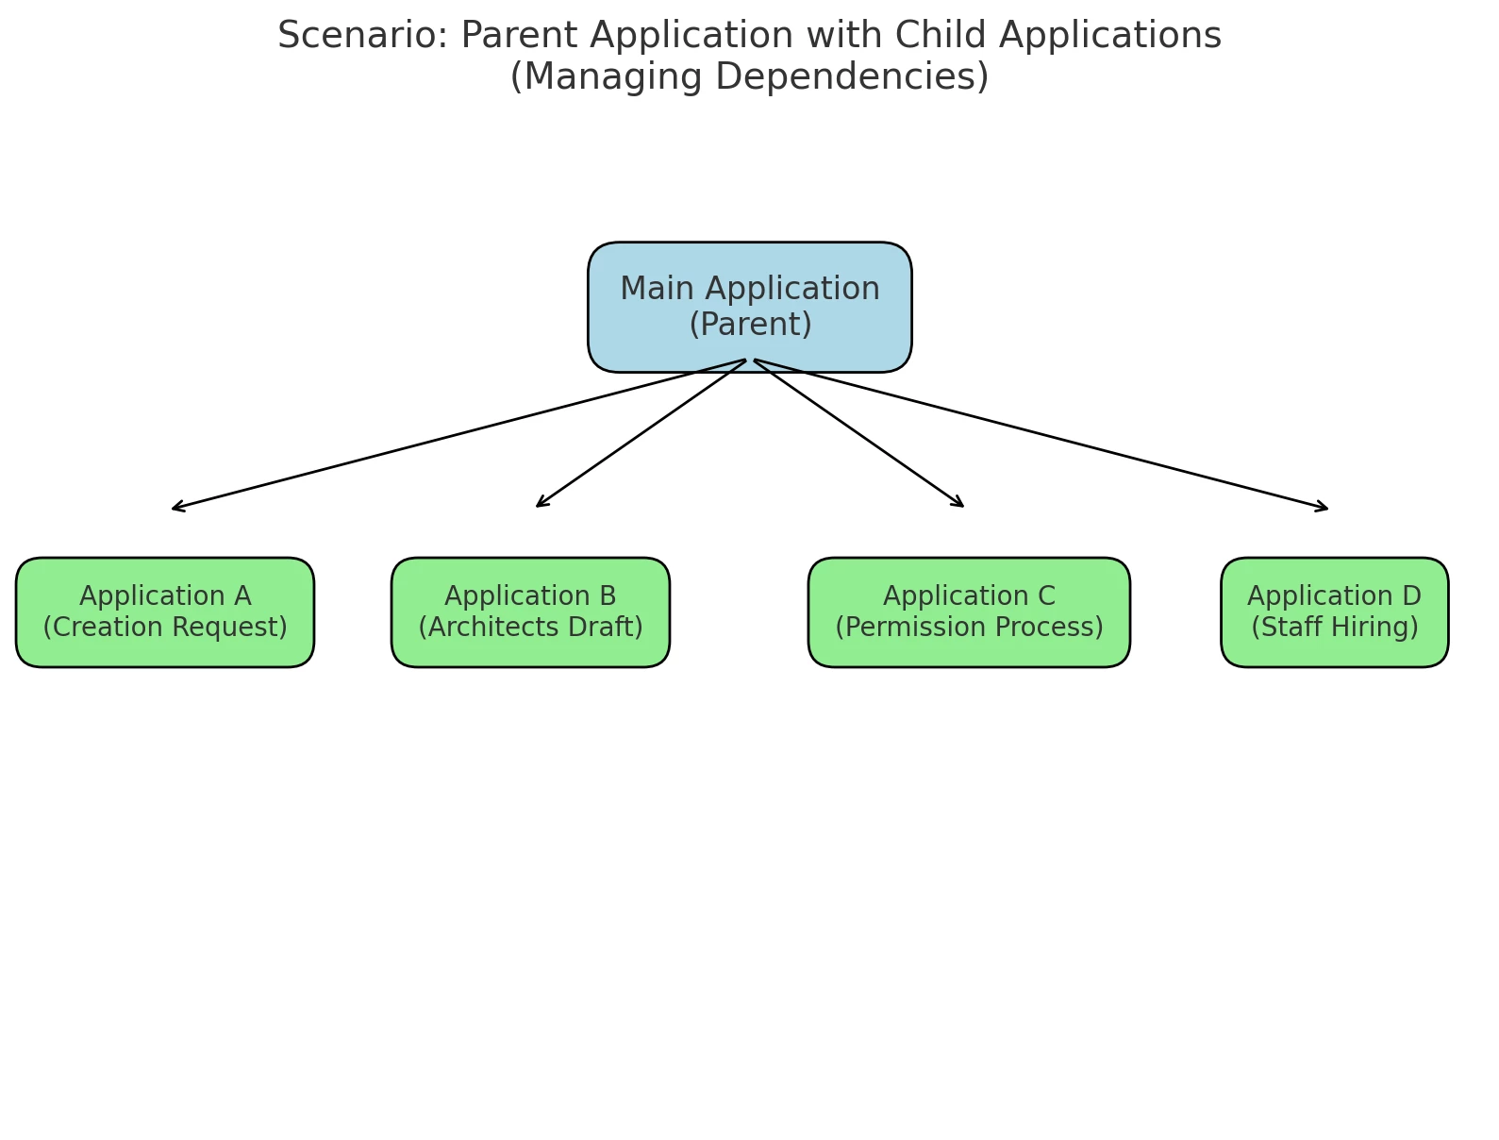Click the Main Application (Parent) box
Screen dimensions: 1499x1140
[x=749, y=307]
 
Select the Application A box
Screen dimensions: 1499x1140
[x=164, y=612]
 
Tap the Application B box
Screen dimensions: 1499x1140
[x=530, y=612]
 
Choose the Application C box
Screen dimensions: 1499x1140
[x=969, y=612]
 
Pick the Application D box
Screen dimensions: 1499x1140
[x=1335, y=612]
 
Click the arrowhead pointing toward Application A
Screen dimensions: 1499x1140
[x=176, y=507]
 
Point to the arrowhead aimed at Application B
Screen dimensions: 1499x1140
[x=541, y=503]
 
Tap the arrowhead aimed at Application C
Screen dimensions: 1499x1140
[x=958, y=503]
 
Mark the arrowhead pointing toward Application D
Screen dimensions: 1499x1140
[x=1323, y=507]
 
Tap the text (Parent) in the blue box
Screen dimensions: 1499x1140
[x=751, y=324]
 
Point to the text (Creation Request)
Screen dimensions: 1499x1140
[x=164, y=627]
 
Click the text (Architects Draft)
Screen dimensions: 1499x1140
[x=530, y=627]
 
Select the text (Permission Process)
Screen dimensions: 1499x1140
[x=969, y=627]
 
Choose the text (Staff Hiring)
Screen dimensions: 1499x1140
[x=1335, y=627]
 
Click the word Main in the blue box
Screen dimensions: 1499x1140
[x=657, y=288]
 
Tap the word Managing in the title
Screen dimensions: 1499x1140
[x=612, y=75]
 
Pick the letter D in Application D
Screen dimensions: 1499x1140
[x=1411, y=595]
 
